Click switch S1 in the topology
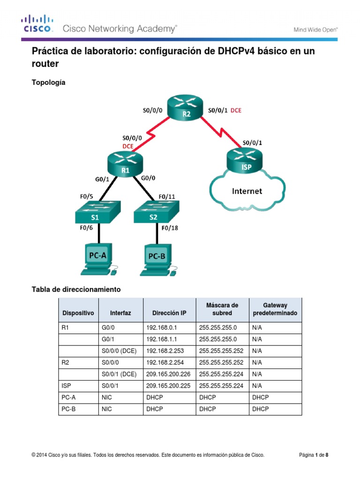[97, 213]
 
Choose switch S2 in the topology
[155, 213]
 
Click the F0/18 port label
[170, 228]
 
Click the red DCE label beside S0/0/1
[236, 111]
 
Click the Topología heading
[48, 82]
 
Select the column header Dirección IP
[169, 313]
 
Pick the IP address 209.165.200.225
[167, 385]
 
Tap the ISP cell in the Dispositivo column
[66, 385]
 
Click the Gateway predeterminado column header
[275, 309]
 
